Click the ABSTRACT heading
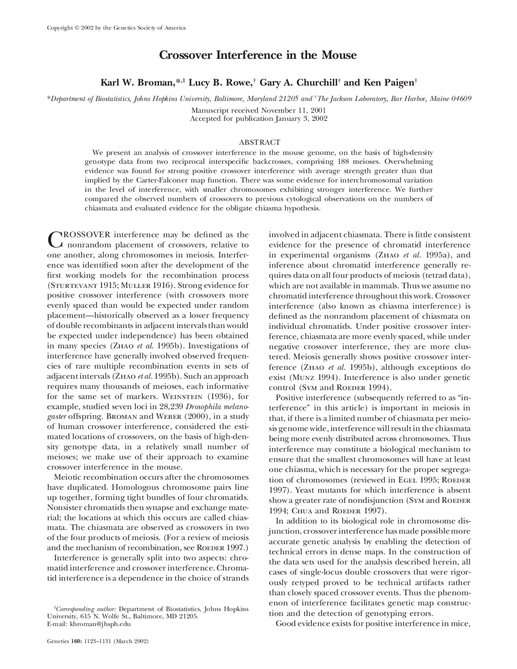259,142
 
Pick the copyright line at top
116,28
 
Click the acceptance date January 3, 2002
301,118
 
